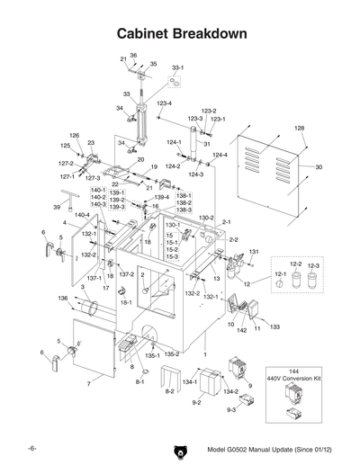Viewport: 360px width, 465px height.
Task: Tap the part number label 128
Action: coord(300,129)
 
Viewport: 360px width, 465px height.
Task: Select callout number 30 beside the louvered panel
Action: coord(318,167)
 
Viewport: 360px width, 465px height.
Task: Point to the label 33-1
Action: coord(177,68)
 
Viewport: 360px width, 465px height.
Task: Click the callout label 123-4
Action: coord(164,103)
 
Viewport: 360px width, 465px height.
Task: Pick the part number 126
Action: coord(75,135)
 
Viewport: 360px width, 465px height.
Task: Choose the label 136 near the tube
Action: coord(62,299)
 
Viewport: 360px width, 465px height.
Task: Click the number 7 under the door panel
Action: coord(87,384)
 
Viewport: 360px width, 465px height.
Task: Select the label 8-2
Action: coord(168,392)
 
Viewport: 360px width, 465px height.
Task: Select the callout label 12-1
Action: coord(279,273)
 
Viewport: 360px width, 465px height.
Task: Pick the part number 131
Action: coord(255,252)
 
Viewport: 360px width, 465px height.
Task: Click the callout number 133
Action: coord(274,326)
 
